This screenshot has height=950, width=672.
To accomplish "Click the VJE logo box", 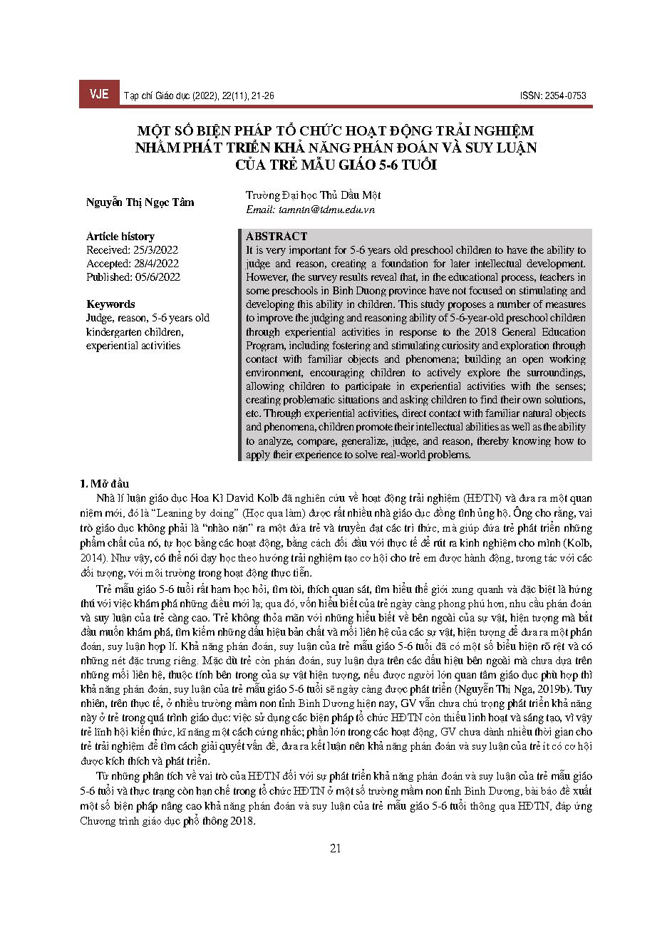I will tap(99, 95).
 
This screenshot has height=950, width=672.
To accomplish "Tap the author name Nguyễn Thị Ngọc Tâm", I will tap(140, 202).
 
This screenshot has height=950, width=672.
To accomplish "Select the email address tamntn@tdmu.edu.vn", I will tap(310, 210).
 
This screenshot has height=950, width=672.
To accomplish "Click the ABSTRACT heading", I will tap(276, 236).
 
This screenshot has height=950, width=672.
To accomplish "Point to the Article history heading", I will tap(120, 236).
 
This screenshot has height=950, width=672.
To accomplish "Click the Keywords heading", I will tap(110, 304).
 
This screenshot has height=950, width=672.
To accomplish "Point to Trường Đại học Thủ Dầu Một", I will tap(314, 195).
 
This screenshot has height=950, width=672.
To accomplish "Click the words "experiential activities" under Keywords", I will tap(133, 346).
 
